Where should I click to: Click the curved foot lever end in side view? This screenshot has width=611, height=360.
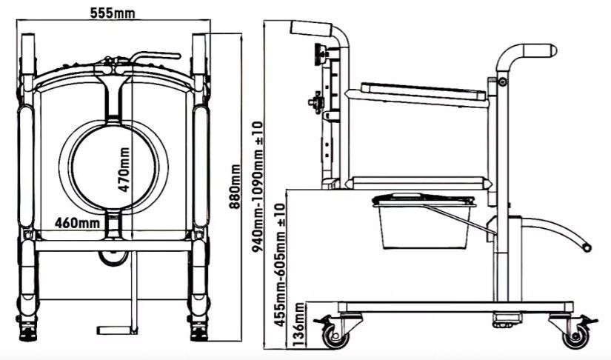[587, 247]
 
